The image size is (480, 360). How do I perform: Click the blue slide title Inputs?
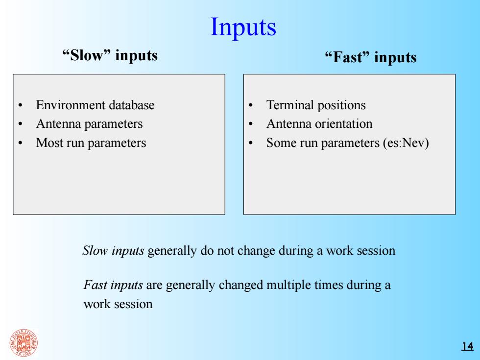coord(243,27)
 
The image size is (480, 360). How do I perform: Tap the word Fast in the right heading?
coord(347,57)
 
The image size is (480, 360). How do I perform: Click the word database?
coord(132,105)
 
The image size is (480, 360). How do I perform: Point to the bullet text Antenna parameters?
coord(89,124)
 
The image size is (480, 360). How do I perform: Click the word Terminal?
coord(289,105)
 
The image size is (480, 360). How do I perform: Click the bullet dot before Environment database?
coord(20,106)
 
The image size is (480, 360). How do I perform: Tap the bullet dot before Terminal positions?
coord(251,106)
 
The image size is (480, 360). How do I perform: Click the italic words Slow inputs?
coord(113,251)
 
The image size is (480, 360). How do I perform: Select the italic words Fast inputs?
coord(113,285)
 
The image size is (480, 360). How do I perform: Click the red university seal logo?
coord(24,343)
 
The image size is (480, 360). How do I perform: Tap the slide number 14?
coord(467,346)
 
